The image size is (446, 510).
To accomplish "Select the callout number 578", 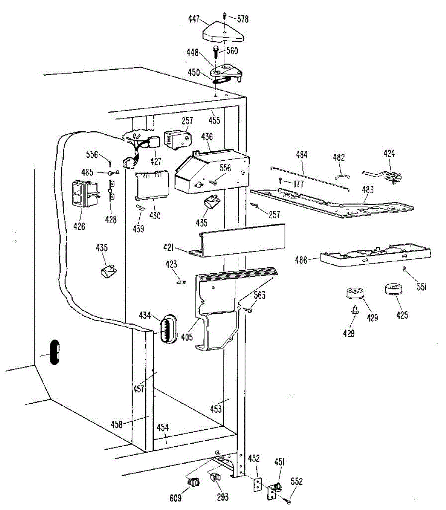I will [x=243, y=19].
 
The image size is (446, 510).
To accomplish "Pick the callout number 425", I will [x=402, y=315].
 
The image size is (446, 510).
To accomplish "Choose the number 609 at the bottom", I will [x=175, y=498].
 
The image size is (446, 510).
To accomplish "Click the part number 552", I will [x=296, y=482].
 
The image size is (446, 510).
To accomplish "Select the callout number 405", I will [x=187, y=337].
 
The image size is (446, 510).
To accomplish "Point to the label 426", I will [x=79, y=226].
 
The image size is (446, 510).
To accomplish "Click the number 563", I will [x=259, y=295].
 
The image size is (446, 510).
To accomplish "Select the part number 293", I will [x=222, y=498].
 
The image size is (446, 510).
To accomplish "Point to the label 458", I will [x=116, y=424].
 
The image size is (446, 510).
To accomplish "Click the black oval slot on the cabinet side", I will [x=54, y=351].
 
